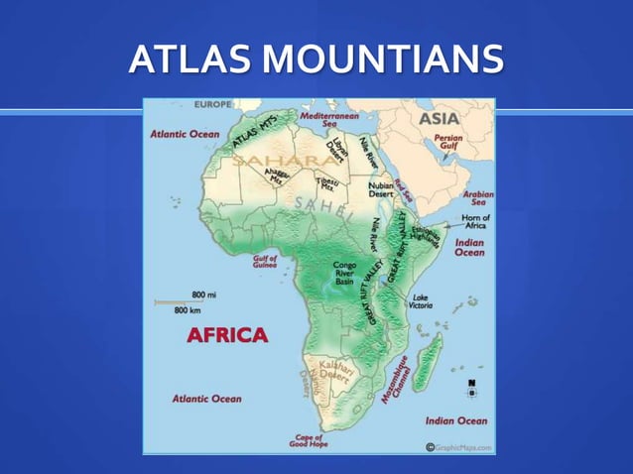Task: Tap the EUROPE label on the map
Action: tap(212, 104)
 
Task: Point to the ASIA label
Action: tap(438, 118)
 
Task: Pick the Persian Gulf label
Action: tap(448, 142)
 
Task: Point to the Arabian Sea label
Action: tap(478, 199)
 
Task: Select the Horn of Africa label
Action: tap(476, 222)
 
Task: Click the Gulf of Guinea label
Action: tap(265, 262)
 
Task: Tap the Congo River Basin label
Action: tap(344, 274)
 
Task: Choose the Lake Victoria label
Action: tap(421, 301)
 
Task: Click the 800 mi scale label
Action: tap(204, 296)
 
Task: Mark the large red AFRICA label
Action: tap(227, 334)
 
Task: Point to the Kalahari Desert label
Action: tap(335, 373)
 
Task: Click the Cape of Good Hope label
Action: tap(309, 440)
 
